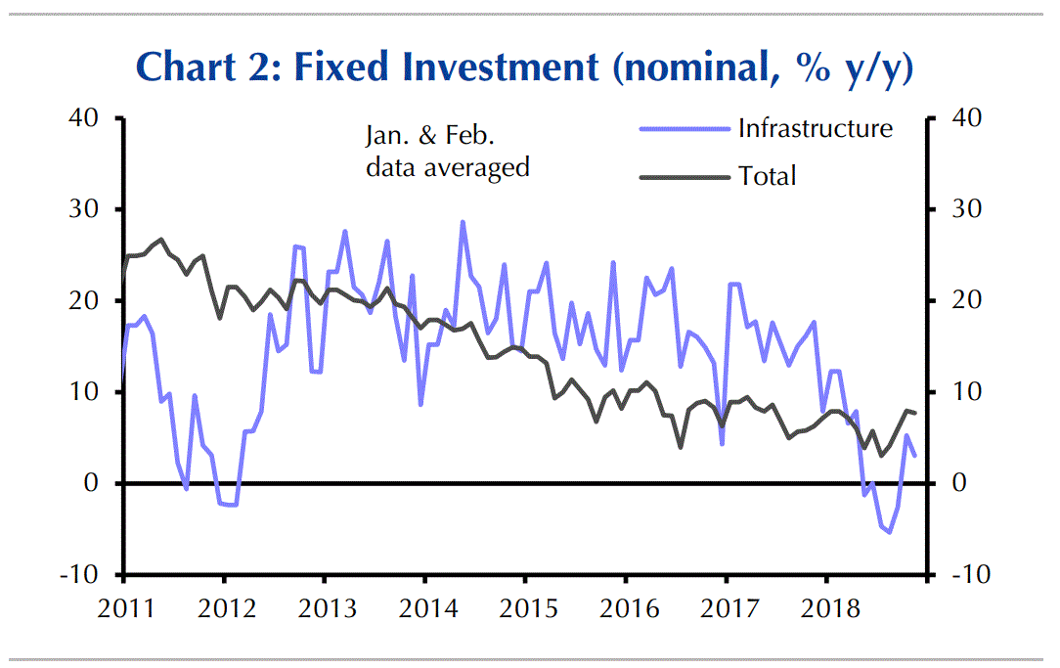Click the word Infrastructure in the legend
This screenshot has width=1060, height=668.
[x=816, y=128]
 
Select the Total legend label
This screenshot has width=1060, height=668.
[x=768, y=176]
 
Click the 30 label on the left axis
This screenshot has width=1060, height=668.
[x=86, y=209]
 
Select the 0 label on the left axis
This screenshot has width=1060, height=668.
[x=93, y=483]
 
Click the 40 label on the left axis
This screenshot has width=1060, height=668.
[x=86, y=118]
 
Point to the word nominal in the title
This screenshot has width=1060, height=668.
[x=694, y=67]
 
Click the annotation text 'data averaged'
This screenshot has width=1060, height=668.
[x=448, y=167]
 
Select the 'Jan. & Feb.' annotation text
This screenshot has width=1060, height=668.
[x=438, y=136]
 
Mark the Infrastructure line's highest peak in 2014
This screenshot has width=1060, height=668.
[x=462, y=222]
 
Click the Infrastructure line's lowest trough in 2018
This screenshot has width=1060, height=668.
[x=889, y=532]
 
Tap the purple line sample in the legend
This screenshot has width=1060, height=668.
[x=685, y=129]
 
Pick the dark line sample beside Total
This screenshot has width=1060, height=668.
[x=685, y=177]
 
